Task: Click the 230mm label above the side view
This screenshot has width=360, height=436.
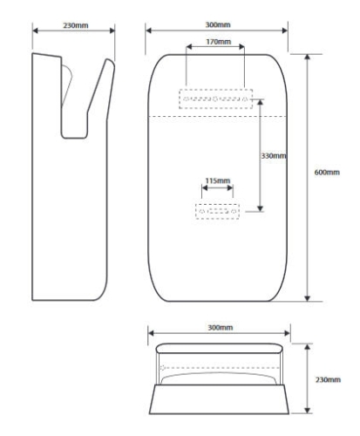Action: [76, 25]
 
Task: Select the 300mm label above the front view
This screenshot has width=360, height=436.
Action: [218, 25]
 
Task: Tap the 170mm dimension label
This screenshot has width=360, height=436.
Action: [219, 42]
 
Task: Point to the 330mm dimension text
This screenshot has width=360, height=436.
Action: [274, 156]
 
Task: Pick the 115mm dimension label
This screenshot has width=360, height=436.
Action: [218, 181]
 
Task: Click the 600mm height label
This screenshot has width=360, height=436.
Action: [327, 173]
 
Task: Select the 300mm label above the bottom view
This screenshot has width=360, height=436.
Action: [221, 328]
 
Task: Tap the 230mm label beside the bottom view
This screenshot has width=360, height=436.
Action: [328, 379]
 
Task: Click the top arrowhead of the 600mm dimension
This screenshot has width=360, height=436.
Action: [308, 57]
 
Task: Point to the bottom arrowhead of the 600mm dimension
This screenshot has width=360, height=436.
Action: [308, 298]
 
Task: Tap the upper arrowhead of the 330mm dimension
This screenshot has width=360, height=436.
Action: [261, 102]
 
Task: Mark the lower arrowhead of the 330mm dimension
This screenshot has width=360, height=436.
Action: [261, 208]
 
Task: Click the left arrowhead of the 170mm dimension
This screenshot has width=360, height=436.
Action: [189, 47]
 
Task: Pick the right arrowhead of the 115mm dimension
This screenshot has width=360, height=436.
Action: [230, 188]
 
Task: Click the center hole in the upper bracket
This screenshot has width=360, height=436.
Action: [215, 99]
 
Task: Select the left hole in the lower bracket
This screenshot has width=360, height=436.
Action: [202, 211]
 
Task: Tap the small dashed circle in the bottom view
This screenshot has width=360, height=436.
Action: [163, 368]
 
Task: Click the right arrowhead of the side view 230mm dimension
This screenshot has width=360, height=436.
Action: [112, 31]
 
